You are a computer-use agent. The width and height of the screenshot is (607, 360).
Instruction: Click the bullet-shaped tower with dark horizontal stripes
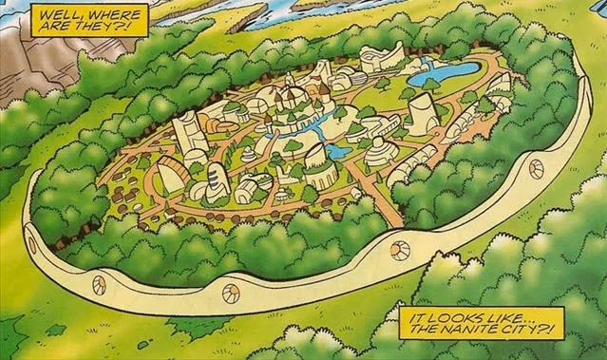coord(217,180)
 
